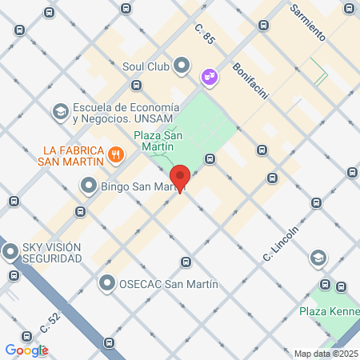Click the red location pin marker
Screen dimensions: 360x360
[x=180, y=177]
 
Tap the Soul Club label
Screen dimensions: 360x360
[x=146, y=66]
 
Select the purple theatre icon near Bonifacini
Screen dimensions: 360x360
[x=210, y=76]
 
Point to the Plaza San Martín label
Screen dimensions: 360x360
[x=159, y=141]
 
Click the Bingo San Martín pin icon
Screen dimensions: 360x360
[x=88, y=187]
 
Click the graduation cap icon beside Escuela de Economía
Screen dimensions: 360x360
[x=59, y=113]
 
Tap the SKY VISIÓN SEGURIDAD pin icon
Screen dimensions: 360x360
[x=10, y=253]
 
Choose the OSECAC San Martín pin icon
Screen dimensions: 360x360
[x=107, y=283]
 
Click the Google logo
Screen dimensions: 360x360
[x=26, y=350]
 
